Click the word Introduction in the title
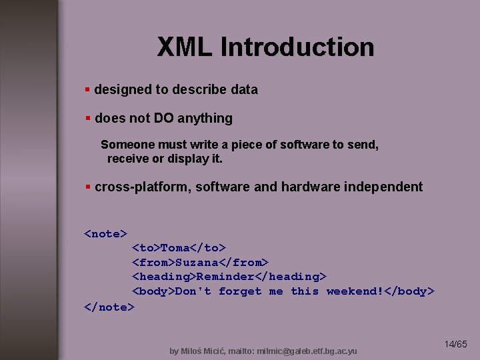tap(297, 47)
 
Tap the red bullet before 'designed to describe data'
tap(87, 89)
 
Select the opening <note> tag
tap(105, 234)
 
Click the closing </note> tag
tap(109, 307)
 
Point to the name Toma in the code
tap(175, 248)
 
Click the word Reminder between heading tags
tap(225, 277)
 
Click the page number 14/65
tap(456, 345)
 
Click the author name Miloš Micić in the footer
tap(205, 351)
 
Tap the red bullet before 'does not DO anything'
tap(87, 119)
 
